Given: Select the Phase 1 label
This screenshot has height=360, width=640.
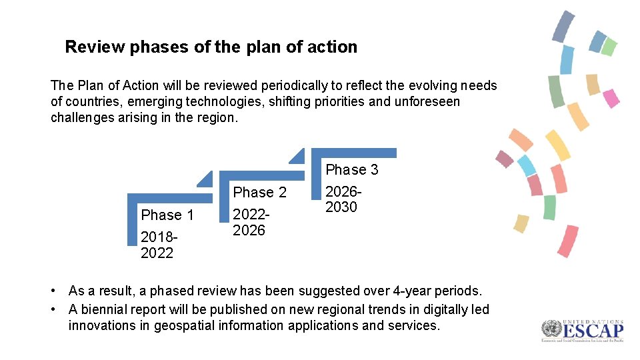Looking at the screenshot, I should [x=167, y=215].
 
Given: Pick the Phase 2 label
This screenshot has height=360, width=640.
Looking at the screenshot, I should [x=259, y=193].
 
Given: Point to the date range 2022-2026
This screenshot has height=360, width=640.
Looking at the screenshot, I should [x=249, y=223].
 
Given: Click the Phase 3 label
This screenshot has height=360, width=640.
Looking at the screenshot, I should [x=351, y=169].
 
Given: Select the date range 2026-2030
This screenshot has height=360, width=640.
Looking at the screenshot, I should [x=341, y=199].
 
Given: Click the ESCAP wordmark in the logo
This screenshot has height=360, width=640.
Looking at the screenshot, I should [x=593, y=331].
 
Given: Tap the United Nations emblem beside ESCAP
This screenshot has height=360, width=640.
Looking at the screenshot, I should [x=551, y=329].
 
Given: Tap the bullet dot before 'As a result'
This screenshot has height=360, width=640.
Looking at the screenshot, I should [x=53, y=291].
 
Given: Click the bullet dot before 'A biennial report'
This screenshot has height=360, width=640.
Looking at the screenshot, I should [x=53, y=309].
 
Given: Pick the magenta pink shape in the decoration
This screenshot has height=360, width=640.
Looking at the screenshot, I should [x=611, y=98].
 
